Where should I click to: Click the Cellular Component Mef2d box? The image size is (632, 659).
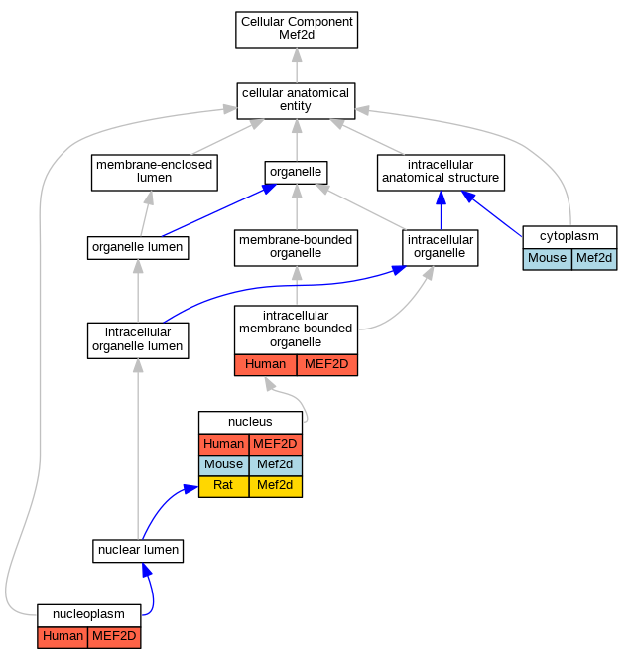[297, 30]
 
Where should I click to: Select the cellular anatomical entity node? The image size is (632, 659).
[296, 101]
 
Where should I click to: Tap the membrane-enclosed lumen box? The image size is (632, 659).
[155, 173]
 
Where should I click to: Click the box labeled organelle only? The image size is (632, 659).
[296, 173]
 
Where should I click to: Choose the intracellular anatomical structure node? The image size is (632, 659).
[441, 173]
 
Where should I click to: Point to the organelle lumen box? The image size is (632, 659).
[138, 248]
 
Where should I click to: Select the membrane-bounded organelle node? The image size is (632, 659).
[296, 248]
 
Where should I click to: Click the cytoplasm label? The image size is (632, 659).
[569, 236]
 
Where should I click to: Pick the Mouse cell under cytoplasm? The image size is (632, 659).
[547, 259]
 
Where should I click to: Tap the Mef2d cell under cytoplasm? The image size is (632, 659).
[594, 259]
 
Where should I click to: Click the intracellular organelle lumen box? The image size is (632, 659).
[138, 340]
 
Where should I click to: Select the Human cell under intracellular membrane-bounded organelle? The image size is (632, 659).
[266, 365]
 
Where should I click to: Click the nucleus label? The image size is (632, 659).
[250, 422]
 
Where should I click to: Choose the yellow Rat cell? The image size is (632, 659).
[223, 486]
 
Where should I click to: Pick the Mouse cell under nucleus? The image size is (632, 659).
[223, 465]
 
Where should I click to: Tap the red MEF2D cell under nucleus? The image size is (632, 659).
[275, 444]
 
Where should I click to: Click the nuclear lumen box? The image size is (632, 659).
[138, 551]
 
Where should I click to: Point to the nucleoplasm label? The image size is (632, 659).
[88, 614]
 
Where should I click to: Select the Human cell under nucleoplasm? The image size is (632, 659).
[63, 637]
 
